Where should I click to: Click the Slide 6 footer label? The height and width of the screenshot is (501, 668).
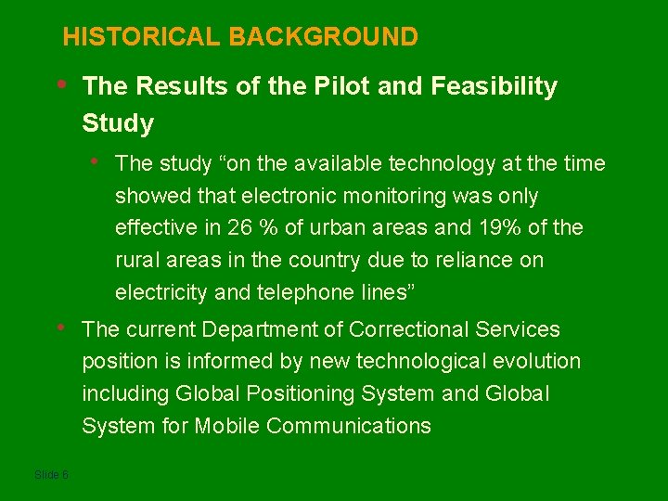click(x=51, y=474)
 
